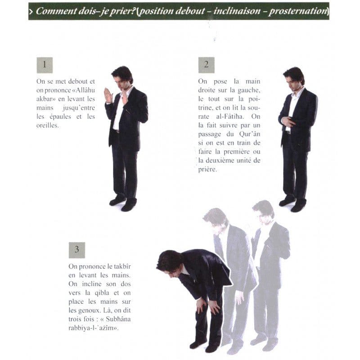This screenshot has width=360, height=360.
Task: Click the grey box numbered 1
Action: pyautogui.click(x=45, y=65)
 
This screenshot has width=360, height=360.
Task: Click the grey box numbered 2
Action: pyautogui.click(x=207, y=65)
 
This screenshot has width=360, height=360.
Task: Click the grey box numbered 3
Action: pyautogui.click(x=77, y=250)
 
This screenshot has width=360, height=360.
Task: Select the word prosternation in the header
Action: pyautogui.click(x=298, y=11)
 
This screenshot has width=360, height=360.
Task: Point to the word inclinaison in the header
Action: pyautogui.click(x=237, y=11)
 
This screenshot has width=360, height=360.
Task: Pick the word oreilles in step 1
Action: pyautogui.click(x=47, y=125)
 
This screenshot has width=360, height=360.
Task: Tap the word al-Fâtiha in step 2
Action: pyautogui.click(x=229, y=117)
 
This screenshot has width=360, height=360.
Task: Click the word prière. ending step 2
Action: pyautogui.click(x=207, y=170)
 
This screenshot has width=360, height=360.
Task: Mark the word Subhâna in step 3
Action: pyautogui.click(x=118, y=319)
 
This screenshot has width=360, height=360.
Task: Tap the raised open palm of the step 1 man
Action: pyautogui.click(x=108, y=95)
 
